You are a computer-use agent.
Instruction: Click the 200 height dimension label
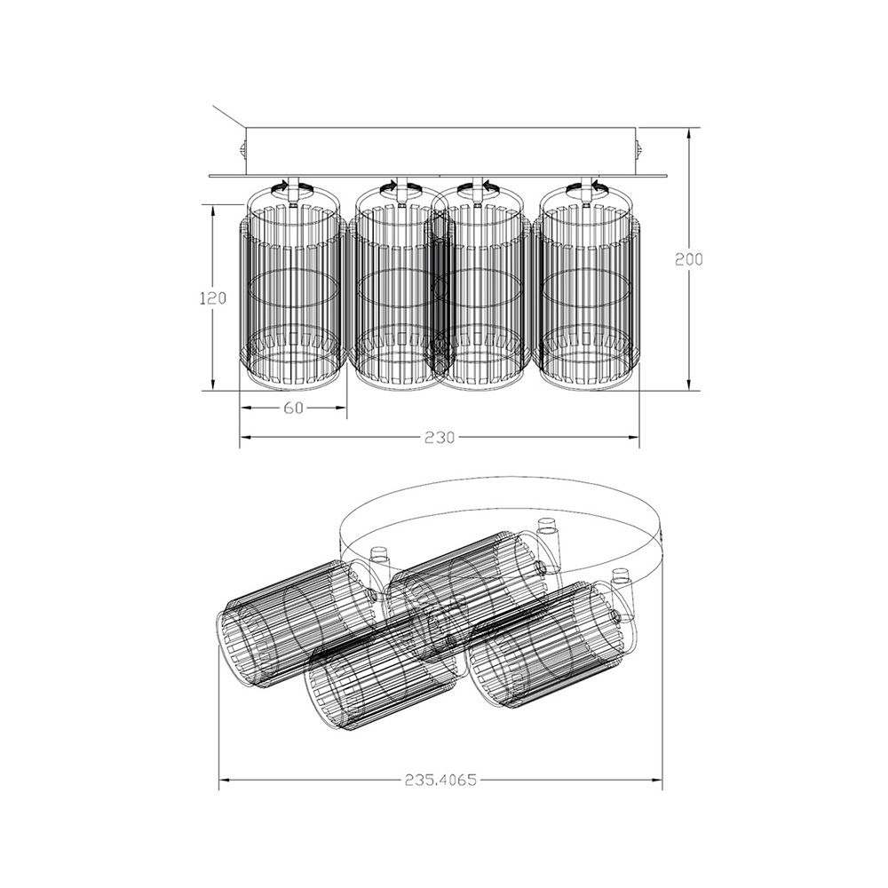(688, 259)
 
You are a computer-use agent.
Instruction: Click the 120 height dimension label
(213, 297)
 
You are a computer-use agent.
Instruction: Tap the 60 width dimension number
(293, 408)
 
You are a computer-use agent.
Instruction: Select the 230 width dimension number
(440, 438)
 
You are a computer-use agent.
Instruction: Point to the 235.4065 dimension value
(440, 781)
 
